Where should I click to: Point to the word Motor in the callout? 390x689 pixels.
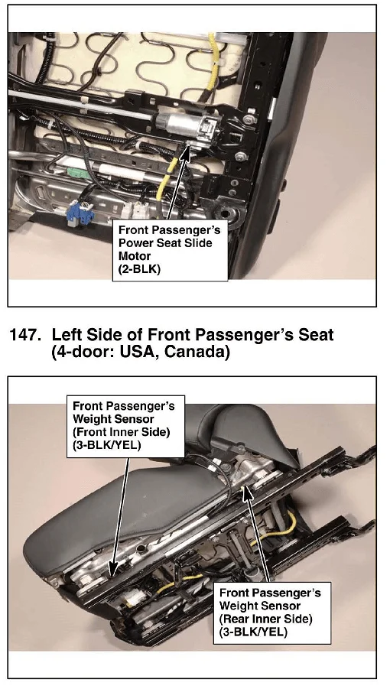pyautogui.click(x=135, y=255)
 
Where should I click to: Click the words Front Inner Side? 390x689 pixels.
pyautogui.click(x=121, y=431)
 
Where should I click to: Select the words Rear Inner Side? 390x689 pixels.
pyautogui.click(x=265, y=619)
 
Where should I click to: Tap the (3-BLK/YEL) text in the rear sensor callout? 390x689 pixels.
pyautogui.click(x=253, y=632)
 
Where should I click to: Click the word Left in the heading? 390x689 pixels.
pyautogui.click(x=67, y=335)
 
